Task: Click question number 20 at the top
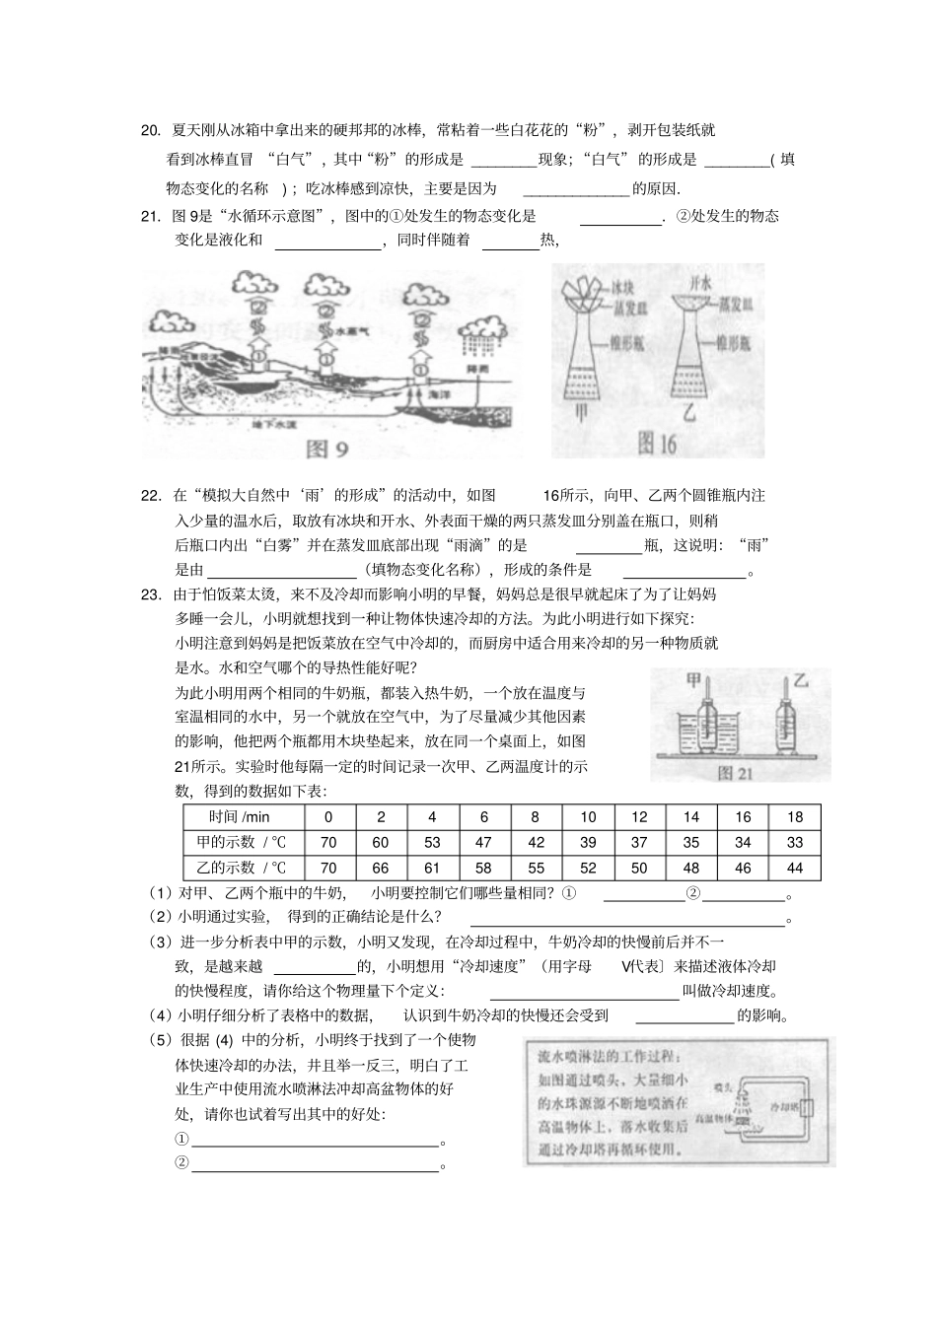click(x=151, y=130)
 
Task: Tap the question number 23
click(x=151, y=594)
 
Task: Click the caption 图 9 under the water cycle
click(x=327, y=450)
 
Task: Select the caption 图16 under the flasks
click(x=657, y=445)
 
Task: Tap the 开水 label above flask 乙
click(x=699, y=283)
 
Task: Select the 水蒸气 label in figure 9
click(x=348, y=331)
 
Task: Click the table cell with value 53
click(x=432, y=842)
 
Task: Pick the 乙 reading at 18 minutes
click(x=795, y=868)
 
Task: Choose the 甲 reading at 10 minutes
click(x=588, y=842)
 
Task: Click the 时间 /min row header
click(x=240, y=816)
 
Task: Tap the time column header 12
click(x=639, y=816)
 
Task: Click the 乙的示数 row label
click(x=240, y=868)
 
